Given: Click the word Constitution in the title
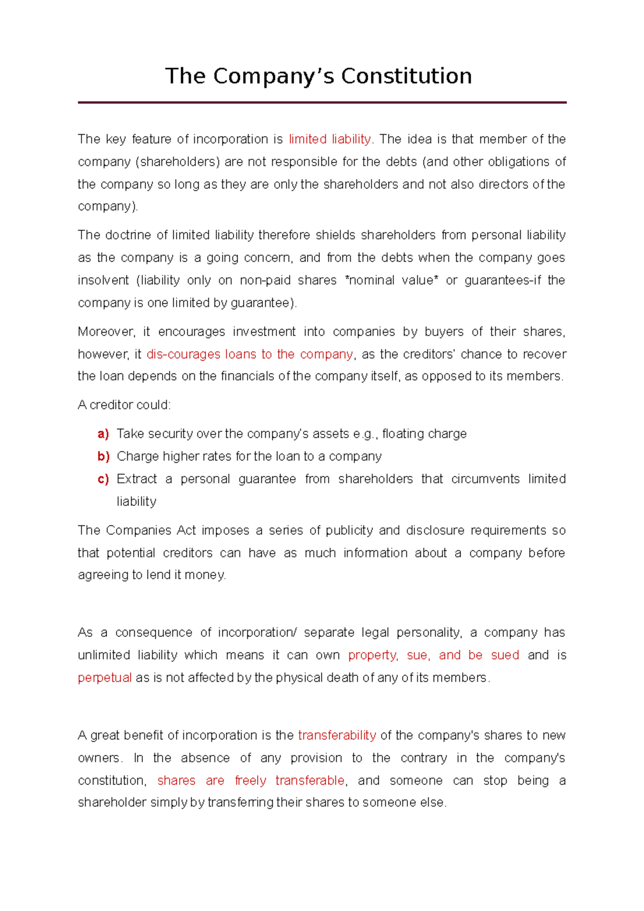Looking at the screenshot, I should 406,76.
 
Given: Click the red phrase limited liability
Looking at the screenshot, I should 330,139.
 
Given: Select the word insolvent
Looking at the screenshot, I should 103,281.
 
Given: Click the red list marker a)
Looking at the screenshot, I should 103,434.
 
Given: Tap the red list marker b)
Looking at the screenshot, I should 103,457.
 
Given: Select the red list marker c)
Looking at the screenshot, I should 103,479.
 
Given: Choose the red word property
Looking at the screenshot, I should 372,656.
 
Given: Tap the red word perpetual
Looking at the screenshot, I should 105,678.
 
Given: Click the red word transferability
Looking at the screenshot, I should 337,736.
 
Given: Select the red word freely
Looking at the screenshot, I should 250,781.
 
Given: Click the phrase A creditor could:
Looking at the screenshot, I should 124,405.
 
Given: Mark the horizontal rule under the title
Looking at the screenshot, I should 322,102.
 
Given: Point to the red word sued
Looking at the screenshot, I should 505,656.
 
